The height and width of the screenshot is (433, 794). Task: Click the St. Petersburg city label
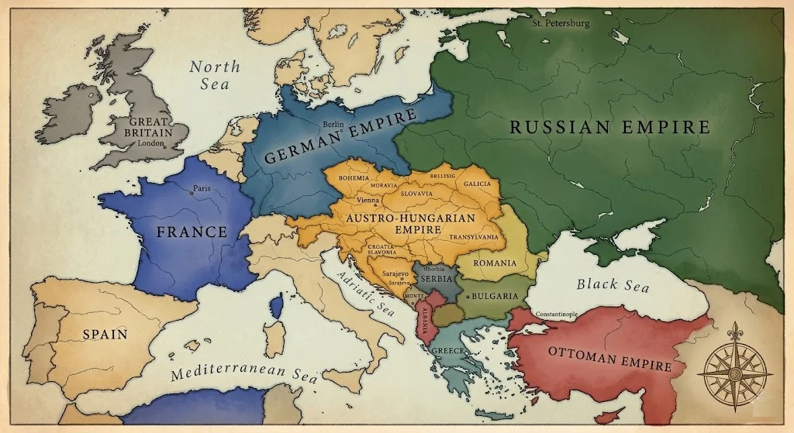[x=561, y=23]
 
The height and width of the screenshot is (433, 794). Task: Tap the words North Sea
[x=215, y=75]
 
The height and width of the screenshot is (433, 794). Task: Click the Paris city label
[x=202, y=188]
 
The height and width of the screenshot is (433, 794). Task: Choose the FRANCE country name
[x=192, y=232]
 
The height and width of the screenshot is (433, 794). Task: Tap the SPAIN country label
[x=105, y=334]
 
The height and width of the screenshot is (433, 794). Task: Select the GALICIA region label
[x=477, y=185]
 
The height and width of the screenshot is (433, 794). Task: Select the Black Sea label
[x=612, y=284]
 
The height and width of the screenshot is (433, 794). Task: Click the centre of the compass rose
[x=734, y=369]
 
